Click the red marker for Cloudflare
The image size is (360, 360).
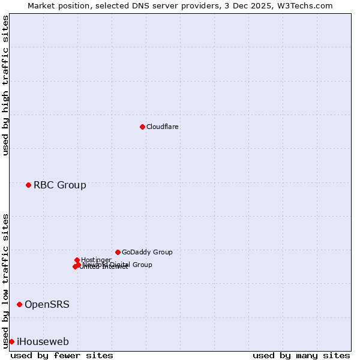point(142,127)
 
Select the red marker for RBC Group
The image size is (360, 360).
point(28,185)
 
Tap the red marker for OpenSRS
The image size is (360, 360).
point(19,304)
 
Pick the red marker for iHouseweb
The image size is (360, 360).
point(11,341)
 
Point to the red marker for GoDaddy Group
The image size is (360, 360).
point(118,252)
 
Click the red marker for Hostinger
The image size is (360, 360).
point(77,260)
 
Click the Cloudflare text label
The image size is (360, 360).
point(162,127)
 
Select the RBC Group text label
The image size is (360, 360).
point(59,185)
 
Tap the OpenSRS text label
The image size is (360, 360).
point(47,304)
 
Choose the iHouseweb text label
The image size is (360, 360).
point(43,341)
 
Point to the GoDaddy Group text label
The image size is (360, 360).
point(146,252)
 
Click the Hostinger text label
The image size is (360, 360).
point(96,260)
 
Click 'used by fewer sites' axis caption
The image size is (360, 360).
point(62,355)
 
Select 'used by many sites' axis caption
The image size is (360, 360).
point(301,355)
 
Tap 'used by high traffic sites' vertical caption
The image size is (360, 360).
point(5,85)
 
